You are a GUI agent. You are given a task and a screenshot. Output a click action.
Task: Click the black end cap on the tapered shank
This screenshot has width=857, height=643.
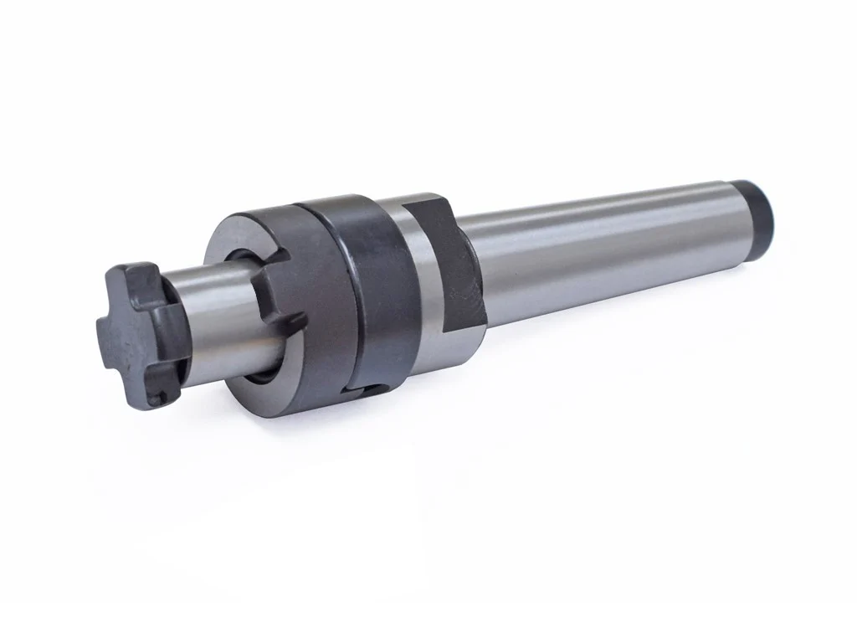coord(759,205)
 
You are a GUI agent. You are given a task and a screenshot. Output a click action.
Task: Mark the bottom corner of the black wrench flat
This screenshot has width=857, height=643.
coord(480,322)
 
